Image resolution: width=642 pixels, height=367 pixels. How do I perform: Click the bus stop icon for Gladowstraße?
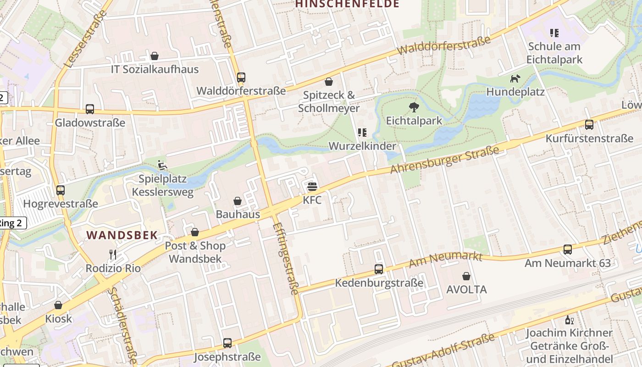tap(90, 109)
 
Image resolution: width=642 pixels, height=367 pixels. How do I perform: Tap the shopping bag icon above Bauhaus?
tap(238, 201)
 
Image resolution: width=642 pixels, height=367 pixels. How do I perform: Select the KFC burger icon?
tap(312, 186)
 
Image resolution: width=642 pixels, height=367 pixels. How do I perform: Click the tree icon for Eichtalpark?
tap(414, 107)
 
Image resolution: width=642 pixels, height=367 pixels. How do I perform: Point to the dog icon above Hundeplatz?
tap(515, 78)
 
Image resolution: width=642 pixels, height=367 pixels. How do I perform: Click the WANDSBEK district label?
tap(122, 235)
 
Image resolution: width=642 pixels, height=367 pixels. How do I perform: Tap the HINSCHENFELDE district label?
tap(347, 4)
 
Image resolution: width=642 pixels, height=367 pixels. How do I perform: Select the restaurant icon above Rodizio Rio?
tap(113, 255)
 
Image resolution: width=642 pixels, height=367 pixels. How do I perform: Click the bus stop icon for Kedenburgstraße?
tap(379, 269)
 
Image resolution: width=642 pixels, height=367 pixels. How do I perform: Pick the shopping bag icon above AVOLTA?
tap(466, 276)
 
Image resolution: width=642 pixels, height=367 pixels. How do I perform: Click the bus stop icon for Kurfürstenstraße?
tap(589, 125)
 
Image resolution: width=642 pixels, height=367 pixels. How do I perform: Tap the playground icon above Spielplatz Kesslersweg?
tap(162, 165)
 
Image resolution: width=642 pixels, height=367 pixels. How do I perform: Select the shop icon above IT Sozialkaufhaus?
tap(155, 56)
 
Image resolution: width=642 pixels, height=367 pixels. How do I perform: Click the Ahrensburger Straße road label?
tap(444, 160)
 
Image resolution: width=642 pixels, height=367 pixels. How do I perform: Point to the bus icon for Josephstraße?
tap(227, 343)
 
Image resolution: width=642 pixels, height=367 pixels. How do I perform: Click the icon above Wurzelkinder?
tap(362, 133)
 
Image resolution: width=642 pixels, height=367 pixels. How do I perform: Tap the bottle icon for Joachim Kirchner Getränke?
tap(569, 320)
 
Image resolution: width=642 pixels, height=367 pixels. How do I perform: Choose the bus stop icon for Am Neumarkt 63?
tap(568, 250)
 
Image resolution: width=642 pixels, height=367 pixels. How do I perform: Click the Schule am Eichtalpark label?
tap(554, 53)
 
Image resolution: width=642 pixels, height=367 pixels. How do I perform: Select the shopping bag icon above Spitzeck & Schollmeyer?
tap(329, 82)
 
